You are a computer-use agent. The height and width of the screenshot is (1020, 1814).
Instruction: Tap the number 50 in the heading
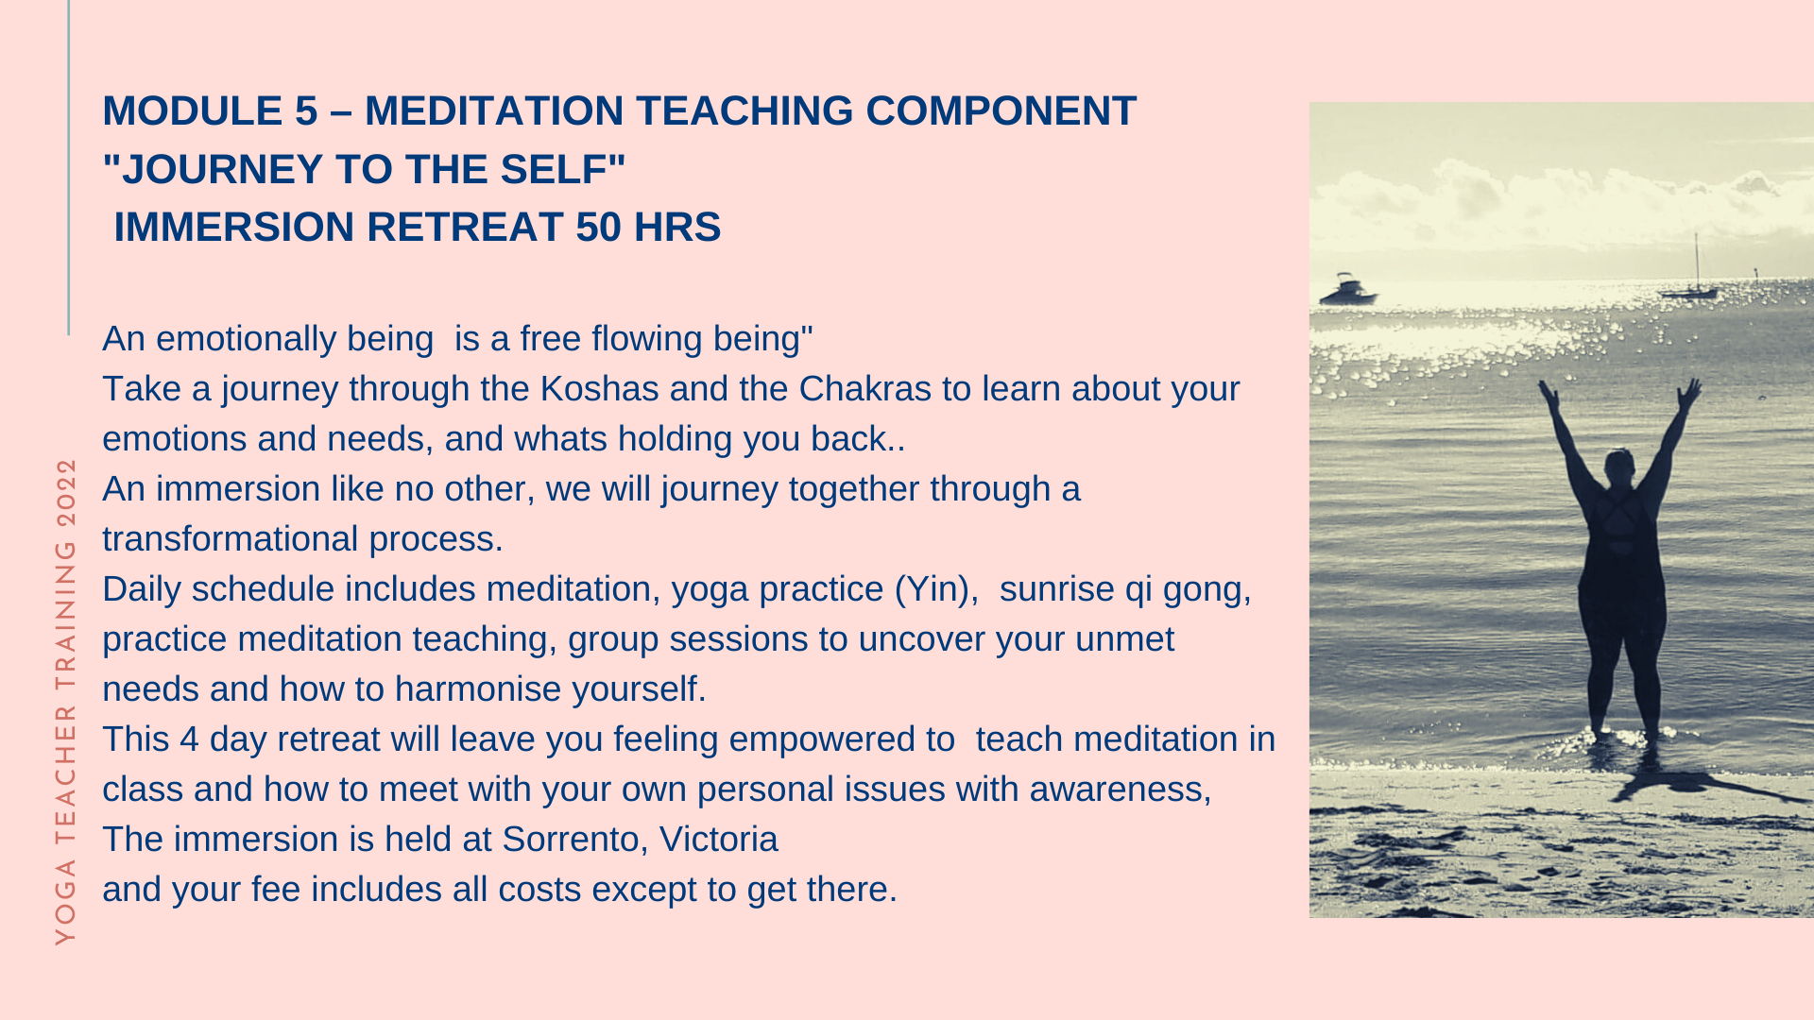click(x=599, y=228)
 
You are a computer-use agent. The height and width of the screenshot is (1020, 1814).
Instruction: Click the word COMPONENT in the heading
click(x=1001, y=111)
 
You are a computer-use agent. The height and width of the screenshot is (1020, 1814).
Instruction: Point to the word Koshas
click(x=599, y=389)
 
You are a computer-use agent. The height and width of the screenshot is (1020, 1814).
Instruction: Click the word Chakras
click(x=864, y=389)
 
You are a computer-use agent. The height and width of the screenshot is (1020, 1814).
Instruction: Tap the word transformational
click(x=230, y=539)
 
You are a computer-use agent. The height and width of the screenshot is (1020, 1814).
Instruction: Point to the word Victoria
click(x=718, y=840)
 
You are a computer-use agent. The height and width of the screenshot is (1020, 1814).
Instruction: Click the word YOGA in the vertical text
click(x=65, y=902)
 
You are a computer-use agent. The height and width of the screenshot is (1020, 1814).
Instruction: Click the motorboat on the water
click(x=1346, y=290)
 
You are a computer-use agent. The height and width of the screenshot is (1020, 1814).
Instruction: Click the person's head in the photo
click(x=1621, y=466)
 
